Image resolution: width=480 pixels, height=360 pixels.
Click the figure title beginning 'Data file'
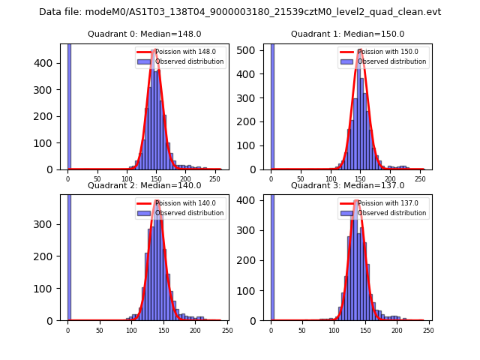[x=240, y=12]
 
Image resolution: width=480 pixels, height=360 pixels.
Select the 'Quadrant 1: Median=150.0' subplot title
[x=347, y=34]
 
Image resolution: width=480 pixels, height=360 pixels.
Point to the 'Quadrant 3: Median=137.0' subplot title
[x=347, y=185]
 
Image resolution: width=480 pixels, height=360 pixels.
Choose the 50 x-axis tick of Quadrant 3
[x=302, y=330]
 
